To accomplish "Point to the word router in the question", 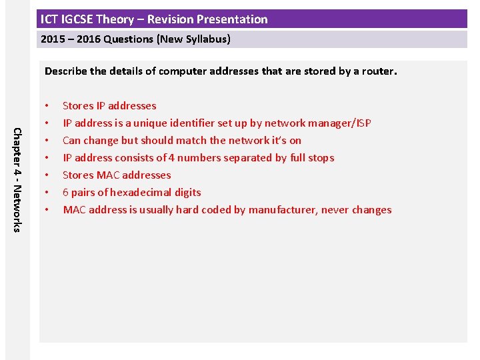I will pyautogui.click(x=379, y=71).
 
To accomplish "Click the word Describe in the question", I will pyautogui.click(x=65, y=71).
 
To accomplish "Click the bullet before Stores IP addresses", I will pyautogui.click(x=46, y=106).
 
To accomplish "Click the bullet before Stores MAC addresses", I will pyautogui.click(x=46, y=175).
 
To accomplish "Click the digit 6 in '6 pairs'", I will pyautogui.click(x=66, y=193).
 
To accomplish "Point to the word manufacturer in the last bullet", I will pyautogui.click(x=283, y=210).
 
